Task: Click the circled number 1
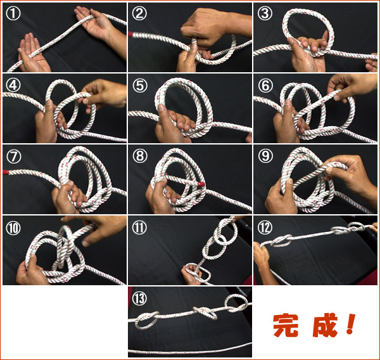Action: [x=13, y=13]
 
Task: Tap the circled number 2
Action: [x=139, y=13]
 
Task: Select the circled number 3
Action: [x=265, y=13]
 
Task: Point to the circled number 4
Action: [x=13, y=85]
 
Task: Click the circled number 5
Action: [x=140, y=85]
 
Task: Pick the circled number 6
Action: [x=265, y=85]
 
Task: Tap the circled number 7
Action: [x=14, y=156]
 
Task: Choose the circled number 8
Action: [x=140, y=156]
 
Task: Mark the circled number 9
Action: [x=265, y=156]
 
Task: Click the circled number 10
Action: [x=13, y=228]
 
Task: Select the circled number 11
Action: [x=139, y=228]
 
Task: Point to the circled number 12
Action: [x=265, y=228]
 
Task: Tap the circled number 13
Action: [x=139, y=299]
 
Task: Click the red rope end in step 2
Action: [x=130, y=34]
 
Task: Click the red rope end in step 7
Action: [x=6, y=172]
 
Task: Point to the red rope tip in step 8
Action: [x=201, y=184]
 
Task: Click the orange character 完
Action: [x=286, y=325]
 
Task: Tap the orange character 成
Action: [x=325, y=325]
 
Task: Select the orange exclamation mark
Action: [x=351, y=324]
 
